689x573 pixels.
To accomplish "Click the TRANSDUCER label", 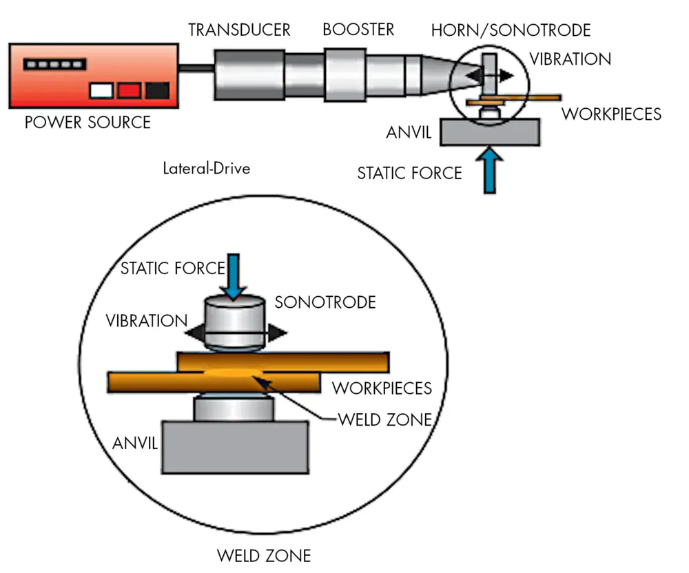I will click(x=239, y=30).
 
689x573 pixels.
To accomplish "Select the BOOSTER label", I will click(x=358, y=30).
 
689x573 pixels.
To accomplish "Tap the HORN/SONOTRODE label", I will click(x=511, y=31).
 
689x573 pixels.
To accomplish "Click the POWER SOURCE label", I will click(x=88, y=123).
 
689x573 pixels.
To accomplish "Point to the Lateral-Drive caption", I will click(x=207, y=168).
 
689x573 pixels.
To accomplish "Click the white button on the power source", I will click(x=101, y=90).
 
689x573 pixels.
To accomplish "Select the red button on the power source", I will click(x=129, y=90).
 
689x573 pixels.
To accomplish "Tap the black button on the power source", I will click(x=157, y=90).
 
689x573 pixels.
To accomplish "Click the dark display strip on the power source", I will click(x=49, y=65).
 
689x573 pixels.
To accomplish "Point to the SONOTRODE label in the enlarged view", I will click(x=325, y=302).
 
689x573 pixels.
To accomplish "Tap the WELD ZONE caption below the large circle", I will click(x=263, y=555).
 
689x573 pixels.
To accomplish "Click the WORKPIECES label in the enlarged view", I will click(x=382, y=388).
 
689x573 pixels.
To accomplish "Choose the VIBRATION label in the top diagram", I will click(x=570, y=59).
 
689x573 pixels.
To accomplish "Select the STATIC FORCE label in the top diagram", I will click(x=409, y=172).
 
